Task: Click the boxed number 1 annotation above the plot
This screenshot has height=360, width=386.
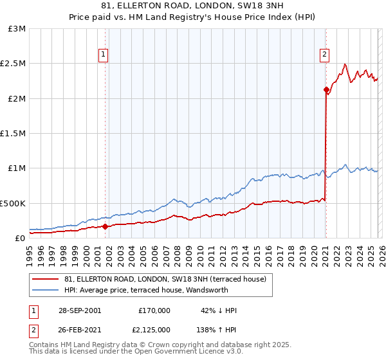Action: click(x=104, y=55)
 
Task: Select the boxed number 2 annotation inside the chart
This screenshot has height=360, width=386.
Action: click(x=325, y=55)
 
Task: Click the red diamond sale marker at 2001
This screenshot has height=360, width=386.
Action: click(x=105, y=226)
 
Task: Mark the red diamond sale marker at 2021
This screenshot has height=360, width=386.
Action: click(x=326, y=90)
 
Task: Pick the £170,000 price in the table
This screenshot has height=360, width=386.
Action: click(x=154, y=310)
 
